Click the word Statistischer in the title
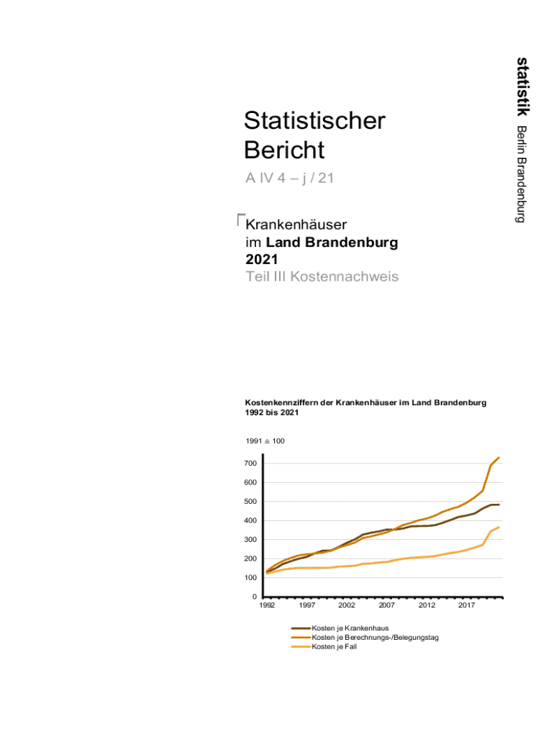(314, 121)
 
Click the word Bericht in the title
(284, 150)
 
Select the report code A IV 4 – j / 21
(289, 178)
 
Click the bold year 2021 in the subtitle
(262, 259)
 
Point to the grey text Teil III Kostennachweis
(322, 277)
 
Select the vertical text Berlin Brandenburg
(522, 173)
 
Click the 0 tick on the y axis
(255, 597)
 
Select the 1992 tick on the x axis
(267, 606)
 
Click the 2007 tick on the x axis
(387, 606)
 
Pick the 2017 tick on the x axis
(467, 606)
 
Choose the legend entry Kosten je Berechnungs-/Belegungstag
(375, 638)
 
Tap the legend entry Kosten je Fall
(334, 647)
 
